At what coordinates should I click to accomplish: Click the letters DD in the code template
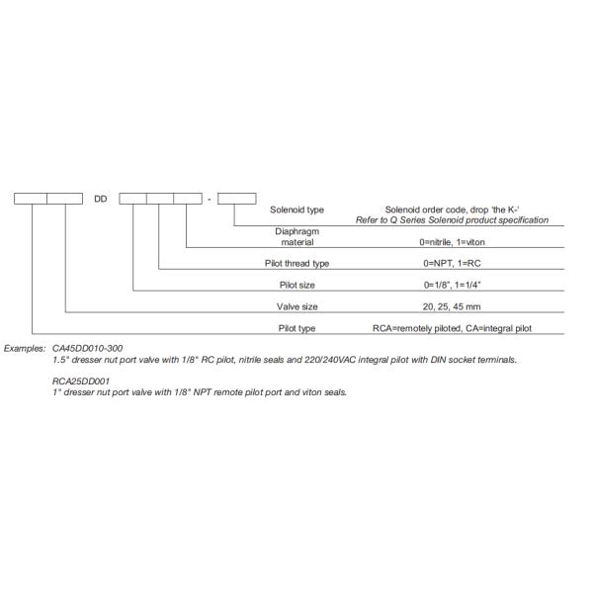coord(100,199)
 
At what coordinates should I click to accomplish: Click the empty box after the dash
coord(237,199)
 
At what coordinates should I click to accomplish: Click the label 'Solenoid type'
coord(296,210)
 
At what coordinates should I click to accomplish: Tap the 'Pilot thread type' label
coord(296,263)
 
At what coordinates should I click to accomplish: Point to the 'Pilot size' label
coord(296,285)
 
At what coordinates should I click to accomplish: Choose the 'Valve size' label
coord(296,306)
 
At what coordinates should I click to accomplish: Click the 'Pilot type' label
coord(296,327)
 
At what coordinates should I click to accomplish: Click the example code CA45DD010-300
coord(87,349)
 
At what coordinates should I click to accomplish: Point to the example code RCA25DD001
coord(81,381)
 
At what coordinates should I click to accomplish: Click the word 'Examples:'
coord(25,349)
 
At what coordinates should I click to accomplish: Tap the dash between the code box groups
coord(209,199)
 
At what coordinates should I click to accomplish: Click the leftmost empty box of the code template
coord(30,199)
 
